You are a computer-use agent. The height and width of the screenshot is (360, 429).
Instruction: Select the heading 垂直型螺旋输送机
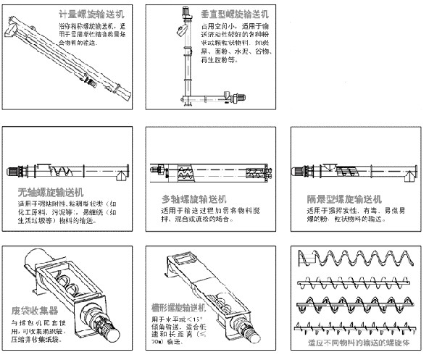(237, 14)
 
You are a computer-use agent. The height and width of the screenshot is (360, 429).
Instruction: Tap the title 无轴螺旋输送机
(51, 193)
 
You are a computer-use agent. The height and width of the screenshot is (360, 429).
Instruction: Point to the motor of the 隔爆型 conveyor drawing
(299, 172)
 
